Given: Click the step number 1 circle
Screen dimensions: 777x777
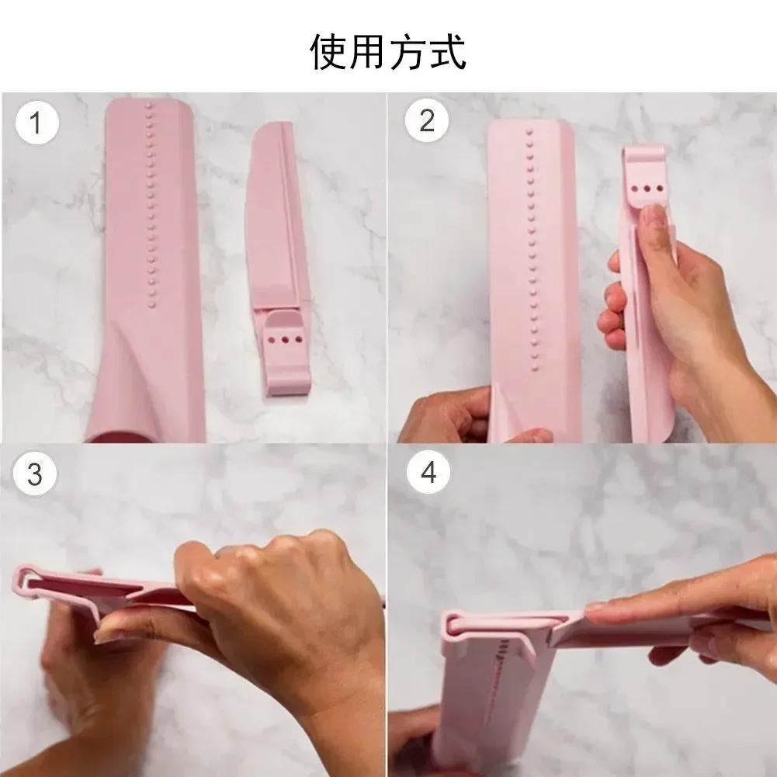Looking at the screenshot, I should tap(34, 123).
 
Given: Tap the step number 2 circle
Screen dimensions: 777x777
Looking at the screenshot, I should tap(427, 122).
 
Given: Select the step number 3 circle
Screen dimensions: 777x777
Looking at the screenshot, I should tap(34, 473).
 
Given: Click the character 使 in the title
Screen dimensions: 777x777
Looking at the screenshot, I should tap(330, 53).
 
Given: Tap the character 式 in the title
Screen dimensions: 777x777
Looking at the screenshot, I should tap(447, 53).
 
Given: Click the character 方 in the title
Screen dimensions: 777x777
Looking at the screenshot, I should tap(408, 53).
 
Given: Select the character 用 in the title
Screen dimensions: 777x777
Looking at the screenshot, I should tap(369, 53).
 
